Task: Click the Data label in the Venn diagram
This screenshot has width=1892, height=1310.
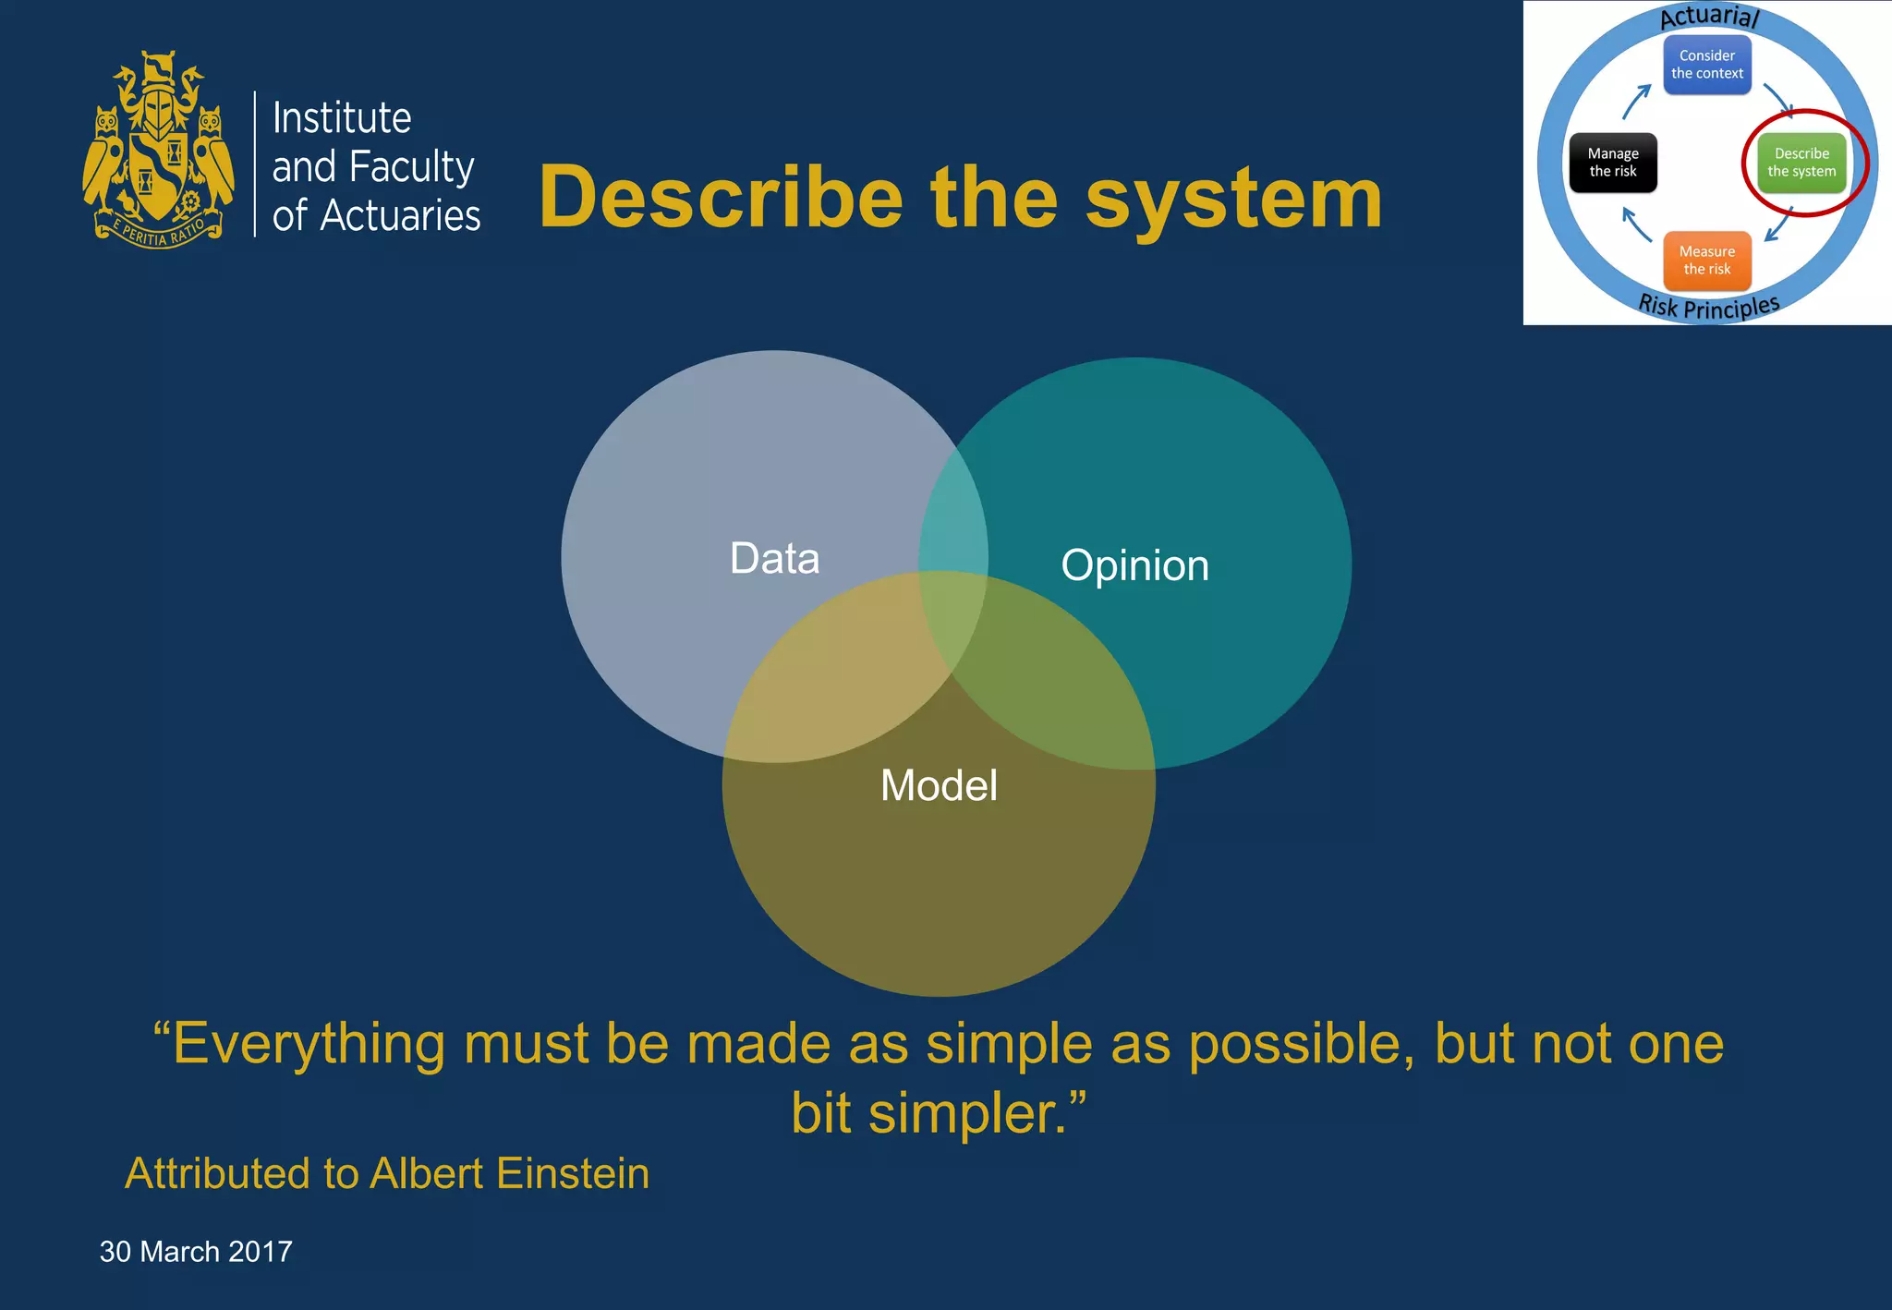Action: pyautogui.click(x=774, y=558)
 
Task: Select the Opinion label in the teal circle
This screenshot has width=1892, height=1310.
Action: pyautogui.click(x=1134, y=564)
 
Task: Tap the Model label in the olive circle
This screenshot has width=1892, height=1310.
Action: pyautogui.click(x=939, y=785)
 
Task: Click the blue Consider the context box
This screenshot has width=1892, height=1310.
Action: pyautogui.click(x=1706, y=65)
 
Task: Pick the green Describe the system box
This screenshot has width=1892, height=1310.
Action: pyautogui.click(x=1801, y=163)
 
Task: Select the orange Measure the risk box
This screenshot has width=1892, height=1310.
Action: pyautogui.click(x=1706, y=261)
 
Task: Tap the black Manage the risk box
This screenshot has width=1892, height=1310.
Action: pyautogui.click(x=1612, y=163)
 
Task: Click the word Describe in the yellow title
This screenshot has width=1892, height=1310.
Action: pyautogui.click(x=721, y=198)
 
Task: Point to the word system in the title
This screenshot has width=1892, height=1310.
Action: pyautogui.click(x=1233, y=198)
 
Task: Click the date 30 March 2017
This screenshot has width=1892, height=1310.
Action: pyautogui.click(x=196, y=1251)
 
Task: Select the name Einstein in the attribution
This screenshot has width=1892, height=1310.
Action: pyautogui.click(x=572, y=1173)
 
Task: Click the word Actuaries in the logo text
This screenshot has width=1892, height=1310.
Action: pyautogui.click(x=400, y=216)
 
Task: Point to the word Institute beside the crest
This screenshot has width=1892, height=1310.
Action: pyautogui.click(x=342, y=118)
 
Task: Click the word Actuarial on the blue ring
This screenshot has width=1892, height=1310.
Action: pyautogui.click(x=1709, y=16)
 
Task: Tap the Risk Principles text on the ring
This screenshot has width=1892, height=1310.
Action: pyautogui.click(x=1708, y=307)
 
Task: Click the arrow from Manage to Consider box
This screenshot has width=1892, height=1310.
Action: pyautogui.click(x=1636, y=102)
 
